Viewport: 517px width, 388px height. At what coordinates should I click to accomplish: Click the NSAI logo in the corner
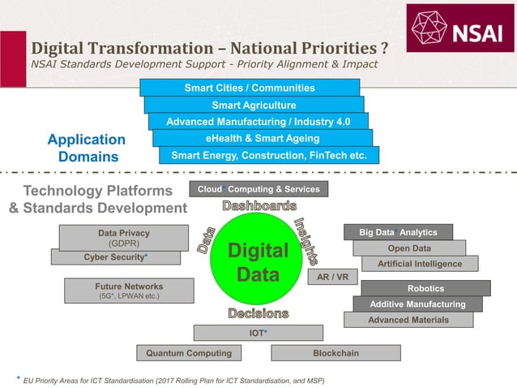click(459, 30)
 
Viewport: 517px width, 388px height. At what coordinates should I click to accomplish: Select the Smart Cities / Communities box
click(249, 88)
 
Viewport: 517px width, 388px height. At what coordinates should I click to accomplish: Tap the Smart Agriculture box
click(254, 105)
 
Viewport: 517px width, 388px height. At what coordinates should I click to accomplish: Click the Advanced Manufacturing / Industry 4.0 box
click(258, 122)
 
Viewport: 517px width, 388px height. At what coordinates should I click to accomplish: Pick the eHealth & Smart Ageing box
click(263, 139)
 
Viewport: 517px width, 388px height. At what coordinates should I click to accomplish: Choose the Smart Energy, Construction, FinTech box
click(268, 155)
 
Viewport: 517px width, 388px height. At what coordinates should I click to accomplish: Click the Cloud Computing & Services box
click(258, 189)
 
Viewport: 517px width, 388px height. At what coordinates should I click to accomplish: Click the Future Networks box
click(128, 291)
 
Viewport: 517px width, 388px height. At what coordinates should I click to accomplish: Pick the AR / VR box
click(332, 277)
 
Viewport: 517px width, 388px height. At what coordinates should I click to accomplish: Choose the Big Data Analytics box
click(398, 232)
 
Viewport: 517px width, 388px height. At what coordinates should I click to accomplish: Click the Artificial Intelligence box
click(420, 264)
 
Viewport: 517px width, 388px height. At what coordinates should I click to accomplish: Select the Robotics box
click(425, 288)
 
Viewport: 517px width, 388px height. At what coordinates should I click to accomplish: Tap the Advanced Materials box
click(408, 320)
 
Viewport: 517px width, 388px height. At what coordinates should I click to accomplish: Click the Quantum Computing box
click(189, 353)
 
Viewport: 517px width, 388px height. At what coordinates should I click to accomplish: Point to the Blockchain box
click(335, 353)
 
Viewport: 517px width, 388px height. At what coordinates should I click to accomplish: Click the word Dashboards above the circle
click(258, 206)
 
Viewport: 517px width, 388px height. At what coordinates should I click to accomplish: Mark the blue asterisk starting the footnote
click(18, 377)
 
